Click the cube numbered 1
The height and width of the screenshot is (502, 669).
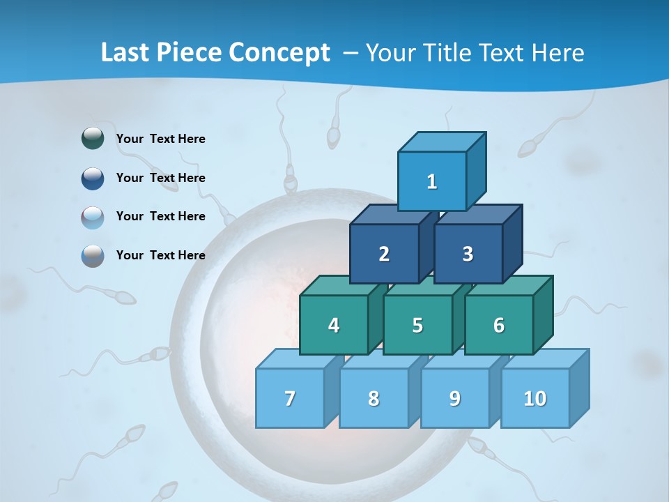(x=432, y=181)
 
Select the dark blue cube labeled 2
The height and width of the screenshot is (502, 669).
(x=384, y=254)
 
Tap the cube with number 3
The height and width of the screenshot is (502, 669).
(x=468, y=254)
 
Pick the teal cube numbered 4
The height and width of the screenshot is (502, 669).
(x=334, y=325)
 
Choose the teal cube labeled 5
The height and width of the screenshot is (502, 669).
(x=417, y=325)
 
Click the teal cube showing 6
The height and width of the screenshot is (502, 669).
(x=499, y=325)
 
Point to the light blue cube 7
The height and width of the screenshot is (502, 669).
(x=290, y=398)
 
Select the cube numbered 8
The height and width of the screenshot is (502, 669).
(x=374, y=398)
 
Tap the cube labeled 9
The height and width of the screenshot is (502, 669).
(x=455, y=398)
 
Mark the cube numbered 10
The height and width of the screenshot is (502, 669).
(x=535, y=398)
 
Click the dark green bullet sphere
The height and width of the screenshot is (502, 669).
(x=93, y=138)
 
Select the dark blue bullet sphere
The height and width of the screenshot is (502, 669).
(x=93, y=178)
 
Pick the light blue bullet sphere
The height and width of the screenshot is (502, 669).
(x=93, y=217)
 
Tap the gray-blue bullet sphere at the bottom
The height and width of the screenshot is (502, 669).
(x=93, y=255)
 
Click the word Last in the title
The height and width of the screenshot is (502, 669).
(x=125, y=52)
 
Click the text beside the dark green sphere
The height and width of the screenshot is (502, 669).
(x=160, y=139)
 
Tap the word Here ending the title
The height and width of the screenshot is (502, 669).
(x=557, y=52)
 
